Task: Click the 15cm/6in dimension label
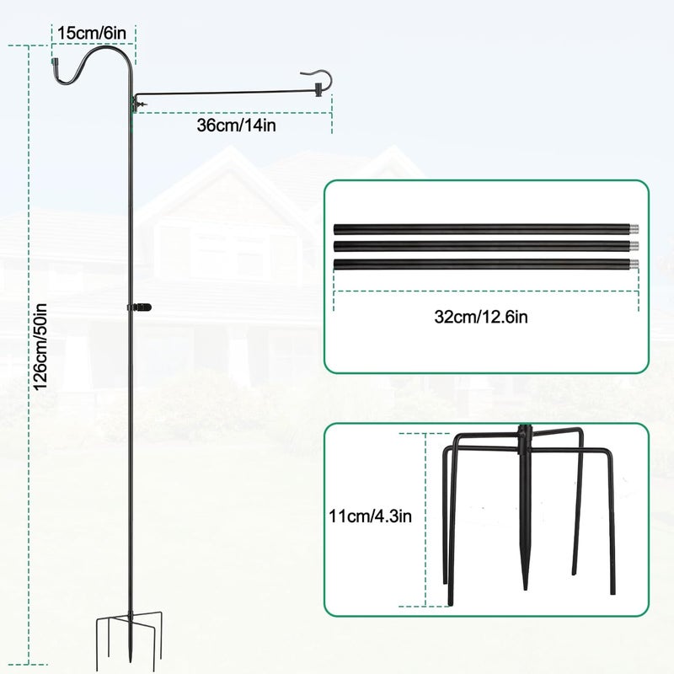click(92, 33)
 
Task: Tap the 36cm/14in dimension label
click(237, 125)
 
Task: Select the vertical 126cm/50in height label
click(40, 346)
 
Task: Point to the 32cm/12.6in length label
click(481, 318)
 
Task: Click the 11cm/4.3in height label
click(370, 516)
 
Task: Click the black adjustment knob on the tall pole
click(140, 308)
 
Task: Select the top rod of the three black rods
click(486, 228)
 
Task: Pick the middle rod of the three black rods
click(486, 246)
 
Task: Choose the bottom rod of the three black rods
click(486, 265)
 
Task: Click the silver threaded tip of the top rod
click(634, 228)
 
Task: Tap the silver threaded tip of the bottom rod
click(634, 265)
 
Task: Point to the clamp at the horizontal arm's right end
click(318, 89)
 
